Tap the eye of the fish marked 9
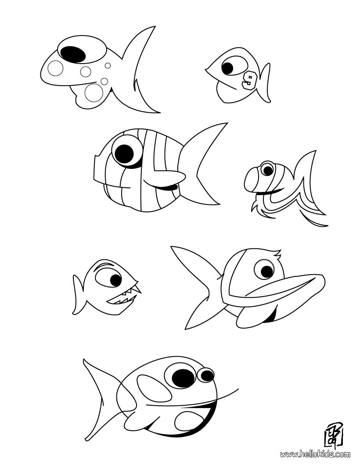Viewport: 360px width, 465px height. tap(227, 68)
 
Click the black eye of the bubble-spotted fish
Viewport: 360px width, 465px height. tap(73, 53)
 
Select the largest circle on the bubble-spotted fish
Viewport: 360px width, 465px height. tap(94, 93)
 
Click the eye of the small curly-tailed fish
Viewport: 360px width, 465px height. tap(266, 168)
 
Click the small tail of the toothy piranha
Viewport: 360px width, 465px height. tap(79, 294)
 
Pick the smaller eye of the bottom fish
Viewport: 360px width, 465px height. tap(205, 375)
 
